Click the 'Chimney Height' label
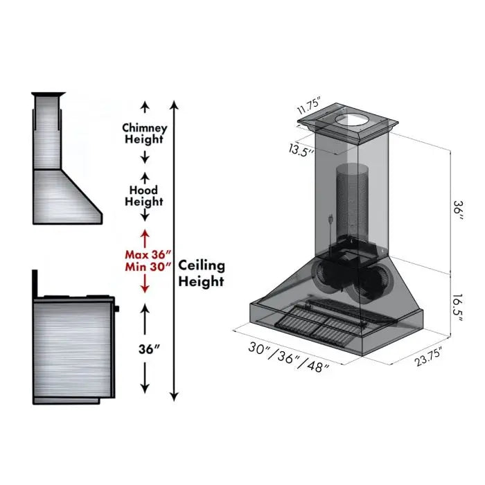(x=144, y=133)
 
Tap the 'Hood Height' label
(x=144, y=195)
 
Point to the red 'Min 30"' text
(x=144, y=267)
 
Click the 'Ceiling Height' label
(x=202, y=273)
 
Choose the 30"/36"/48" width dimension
(x=288, y=358)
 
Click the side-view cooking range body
(x=73, y=346)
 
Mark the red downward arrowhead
(x=145, y=287)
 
